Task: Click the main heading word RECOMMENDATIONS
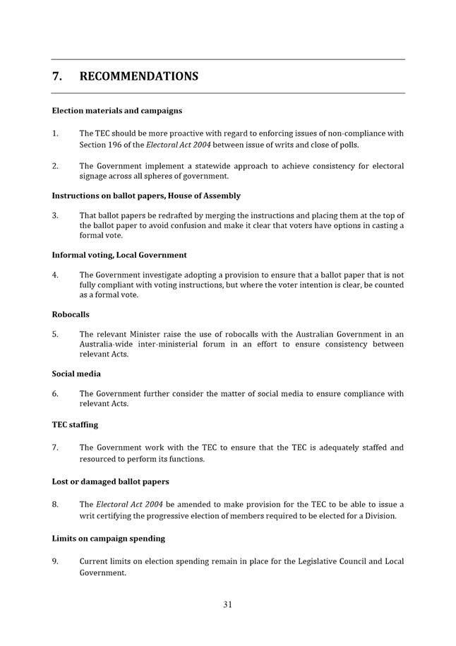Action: coord(138,76)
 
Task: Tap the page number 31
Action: coord(228,604)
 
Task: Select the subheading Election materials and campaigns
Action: coord(116,111)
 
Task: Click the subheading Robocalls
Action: coord(71,314)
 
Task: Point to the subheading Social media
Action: coord(76,373)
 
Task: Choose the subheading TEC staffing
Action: coord(75,425)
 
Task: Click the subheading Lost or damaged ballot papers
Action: coord(110,481)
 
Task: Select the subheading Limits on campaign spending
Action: coord(108,539)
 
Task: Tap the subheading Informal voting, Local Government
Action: coord(119,255)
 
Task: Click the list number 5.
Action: coord(55,334)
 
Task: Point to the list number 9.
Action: coord(55,561)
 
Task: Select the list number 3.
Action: coord(55,215)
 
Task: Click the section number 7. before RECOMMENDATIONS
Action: coord(57,76)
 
